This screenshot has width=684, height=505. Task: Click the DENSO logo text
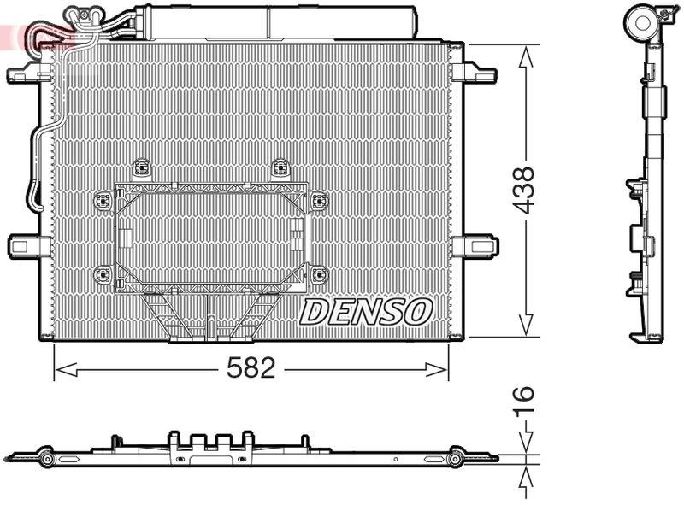[x=366, y=312]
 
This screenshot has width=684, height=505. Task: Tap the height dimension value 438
[x=523, y=190]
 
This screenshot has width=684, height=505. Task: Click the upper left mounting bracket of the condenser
[x=24, y=75]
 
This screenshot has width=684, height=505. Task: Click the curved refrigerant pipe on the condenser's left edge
[x=37, y=162]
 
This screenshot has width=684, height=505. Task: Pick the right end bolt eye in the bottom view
[x=455, y=460]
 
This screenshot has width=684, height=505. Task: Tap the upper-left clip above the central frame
[x=142, y=167]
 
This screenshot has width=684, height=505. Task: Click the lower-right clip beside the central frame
[x=319, y=275]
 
